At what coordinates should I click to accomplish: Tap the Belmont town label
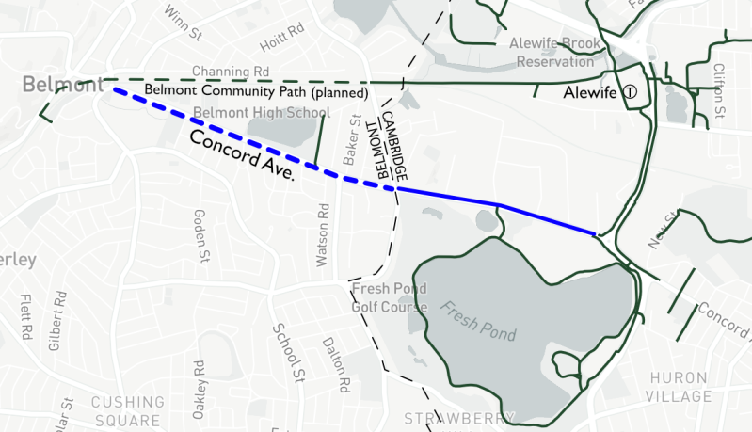63,87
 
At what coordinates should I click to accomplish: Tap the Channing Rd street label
231,72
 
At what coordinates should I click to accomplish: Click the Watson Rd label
326,239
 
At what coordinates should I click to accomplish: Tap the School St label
284,349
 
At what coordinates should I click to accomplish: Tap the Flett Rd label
24,317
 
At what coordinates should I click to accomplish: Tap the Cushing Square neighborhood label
128,410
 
